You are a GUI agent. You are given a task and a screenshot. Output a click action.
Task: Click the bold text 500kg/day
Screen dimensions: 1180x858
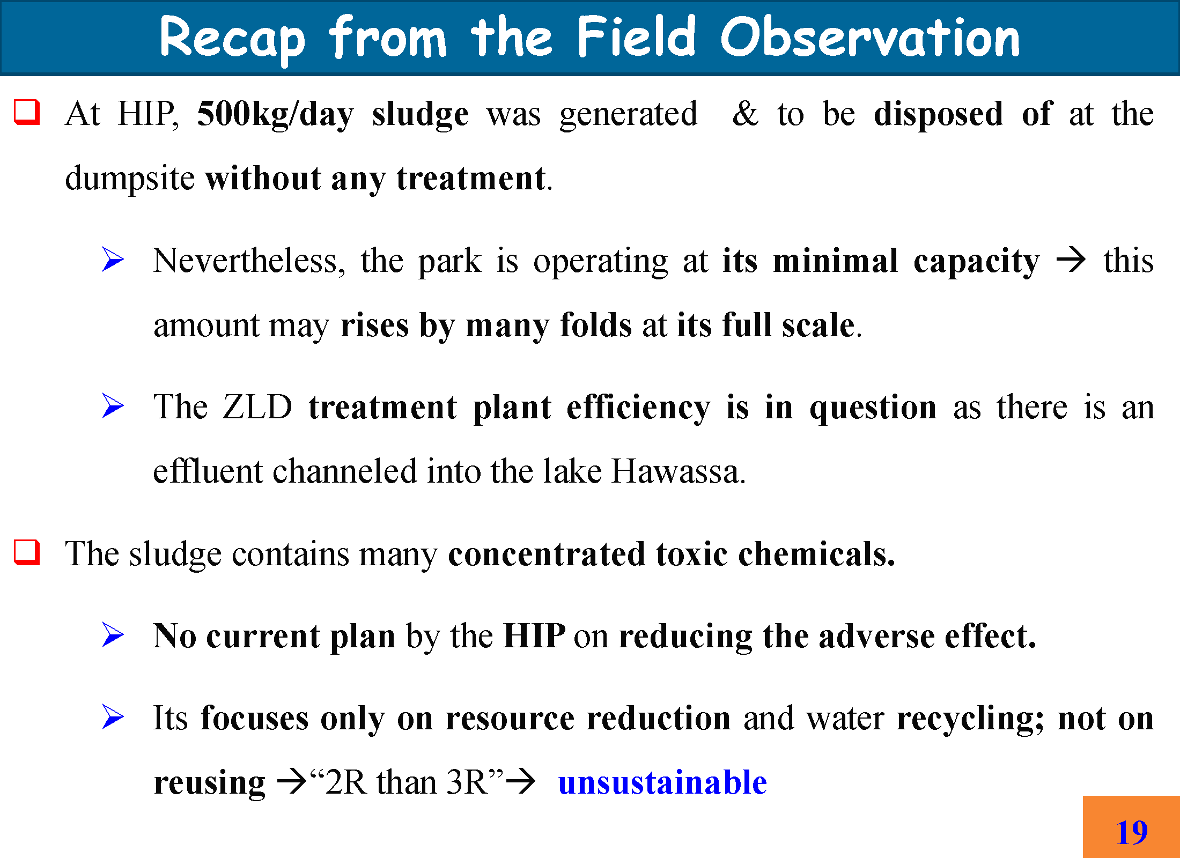click(275, 115)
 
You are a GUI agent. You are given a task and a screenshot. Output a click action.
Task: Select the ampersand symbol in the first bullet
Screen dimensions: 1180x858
click(746, 114)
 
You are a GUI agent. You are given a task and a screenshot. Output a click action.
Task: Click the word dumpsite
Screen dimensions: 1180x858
click(130, 179)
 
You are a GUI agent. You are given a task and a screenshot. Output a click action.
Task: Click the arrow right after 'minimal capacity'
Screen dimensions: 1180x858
click(1071, 261)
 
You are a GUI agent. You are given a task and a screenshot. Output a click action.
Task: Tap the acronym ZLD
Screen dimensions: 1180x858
click(257, 407)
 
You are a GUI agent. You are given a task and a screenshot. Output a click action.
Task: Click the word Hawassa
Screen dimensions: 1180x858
click(678, 471)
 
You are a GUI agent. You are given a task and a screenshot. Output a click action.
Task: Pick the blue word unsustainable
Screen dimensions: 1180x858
click(662, 782)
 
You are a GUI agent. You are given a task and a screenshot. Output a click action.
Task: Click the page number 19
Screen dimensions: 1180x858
click(1132, 832)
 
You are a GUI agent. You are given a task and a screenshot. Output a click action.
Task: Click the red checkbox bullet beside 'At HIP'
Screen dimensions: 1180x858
click(27, 112)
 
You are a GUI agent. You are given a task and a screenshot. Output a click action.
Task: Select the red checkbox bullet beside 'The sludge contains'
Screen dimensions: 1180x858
click(27, 552)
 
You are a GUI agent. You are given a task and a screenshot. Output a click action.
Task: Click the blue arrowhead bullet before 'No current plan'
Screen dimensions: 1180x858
click(113, 635)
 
